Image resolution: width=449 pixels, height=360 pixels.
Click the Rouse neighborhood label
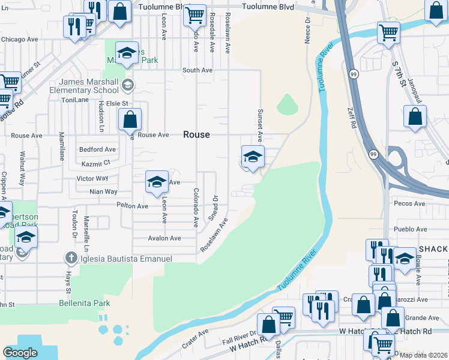(196, 135)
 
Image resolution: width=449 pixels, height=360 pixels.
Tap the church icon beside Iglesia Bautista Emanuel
(71, 259)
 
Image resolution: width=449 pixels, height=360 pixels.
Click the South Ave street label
(197, 70)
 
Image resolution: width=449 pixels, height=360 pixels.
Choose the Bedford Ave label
(97, 149)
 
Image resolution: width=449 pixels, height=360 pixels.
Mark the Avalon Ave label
(164, 238)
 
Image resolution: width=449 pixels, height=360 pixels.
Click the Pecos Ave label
(409, 204)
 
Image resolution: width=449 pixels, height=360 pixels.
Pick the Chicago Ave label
(19, 40)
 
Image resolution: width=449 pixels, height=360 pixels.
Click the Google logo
(20, 353)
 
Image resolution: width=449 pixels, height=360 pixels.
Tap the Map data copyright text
(423, 355)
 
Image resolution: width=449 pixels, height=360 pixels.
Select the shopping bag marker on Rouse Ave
(130, 121)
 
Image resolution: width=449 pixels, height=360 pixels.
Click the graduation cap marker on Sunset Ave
(253, 158)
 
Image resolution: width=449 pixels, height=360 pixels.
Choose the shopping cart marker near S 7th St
(388, 32)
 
